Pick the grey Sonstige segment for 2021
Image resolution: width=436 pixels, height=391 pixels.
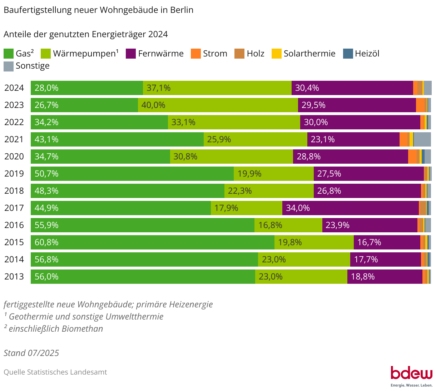(422, 139)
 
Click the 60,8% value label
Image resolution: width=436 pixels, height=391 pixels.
(46, 242)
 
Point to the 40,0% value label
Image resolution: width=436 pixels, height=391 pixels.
(153, 105)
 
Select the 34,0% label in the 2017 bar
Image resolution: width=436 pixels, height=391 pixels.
(298, 208)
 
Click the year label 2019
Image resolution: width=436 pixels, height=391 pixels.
(14, 174)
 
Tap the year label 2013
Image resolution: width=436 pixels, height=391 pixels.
(14, 277)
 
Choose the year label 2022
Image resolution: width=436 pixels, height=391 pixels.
(14, 122)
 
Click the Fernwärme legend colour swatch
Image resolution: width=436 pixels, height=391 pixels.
(131, 54)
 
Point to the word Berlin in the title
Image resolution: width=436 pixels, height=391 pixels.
(182, 10)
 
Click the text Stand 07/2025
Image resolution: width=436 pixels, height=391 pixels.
(31, 353)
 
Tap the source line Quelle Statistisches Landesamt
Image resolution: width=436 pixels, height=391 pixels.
(55, 372)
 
